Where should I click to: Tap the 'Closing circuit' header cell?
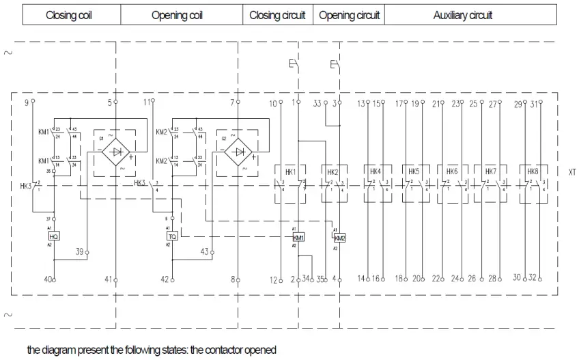[x=277, y=15]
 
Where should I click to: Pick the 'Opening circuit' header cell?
[x=349, y=15]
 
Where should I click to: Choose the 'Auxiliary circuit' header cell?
[x=462, y=15]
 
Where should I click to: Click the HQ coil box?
[x=55, y=236]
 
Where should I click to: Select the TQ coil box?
[x=172, y=236]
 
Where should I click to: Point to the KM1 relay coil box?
[x=298, y=237]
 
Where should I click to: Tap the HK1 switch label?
[x=289, y=172]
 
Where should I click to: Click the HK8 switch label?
[x=533, y=172]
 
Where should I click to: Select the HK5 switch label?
[x=414, y=172]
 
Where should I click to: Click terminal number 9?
[x=27, y=102]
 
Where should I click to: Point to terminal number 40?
[x=48, y=279]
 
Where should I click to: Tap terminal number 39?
[x=79, y=252]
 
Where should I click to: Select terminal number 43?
[x=203, y=252]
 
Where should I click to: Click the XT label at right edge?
[x=571, y=173]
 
